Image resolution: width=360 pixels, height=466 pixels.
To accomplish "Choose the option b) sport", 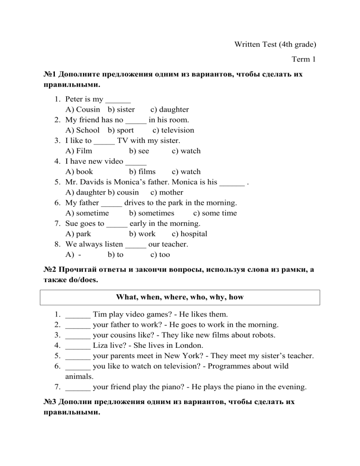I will tap(120, 130).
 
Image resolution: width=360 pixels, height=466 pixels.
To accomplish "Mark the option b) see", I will tap(139, 151).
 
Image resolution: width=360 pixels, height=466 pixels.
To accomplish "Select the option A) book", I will tap(79, 172).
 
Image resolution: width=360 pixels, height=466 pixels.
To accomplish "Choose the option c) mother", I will tap(167, 192).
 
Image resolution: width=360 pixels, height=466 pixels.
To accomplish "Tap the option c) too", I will tap(160, 255).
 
